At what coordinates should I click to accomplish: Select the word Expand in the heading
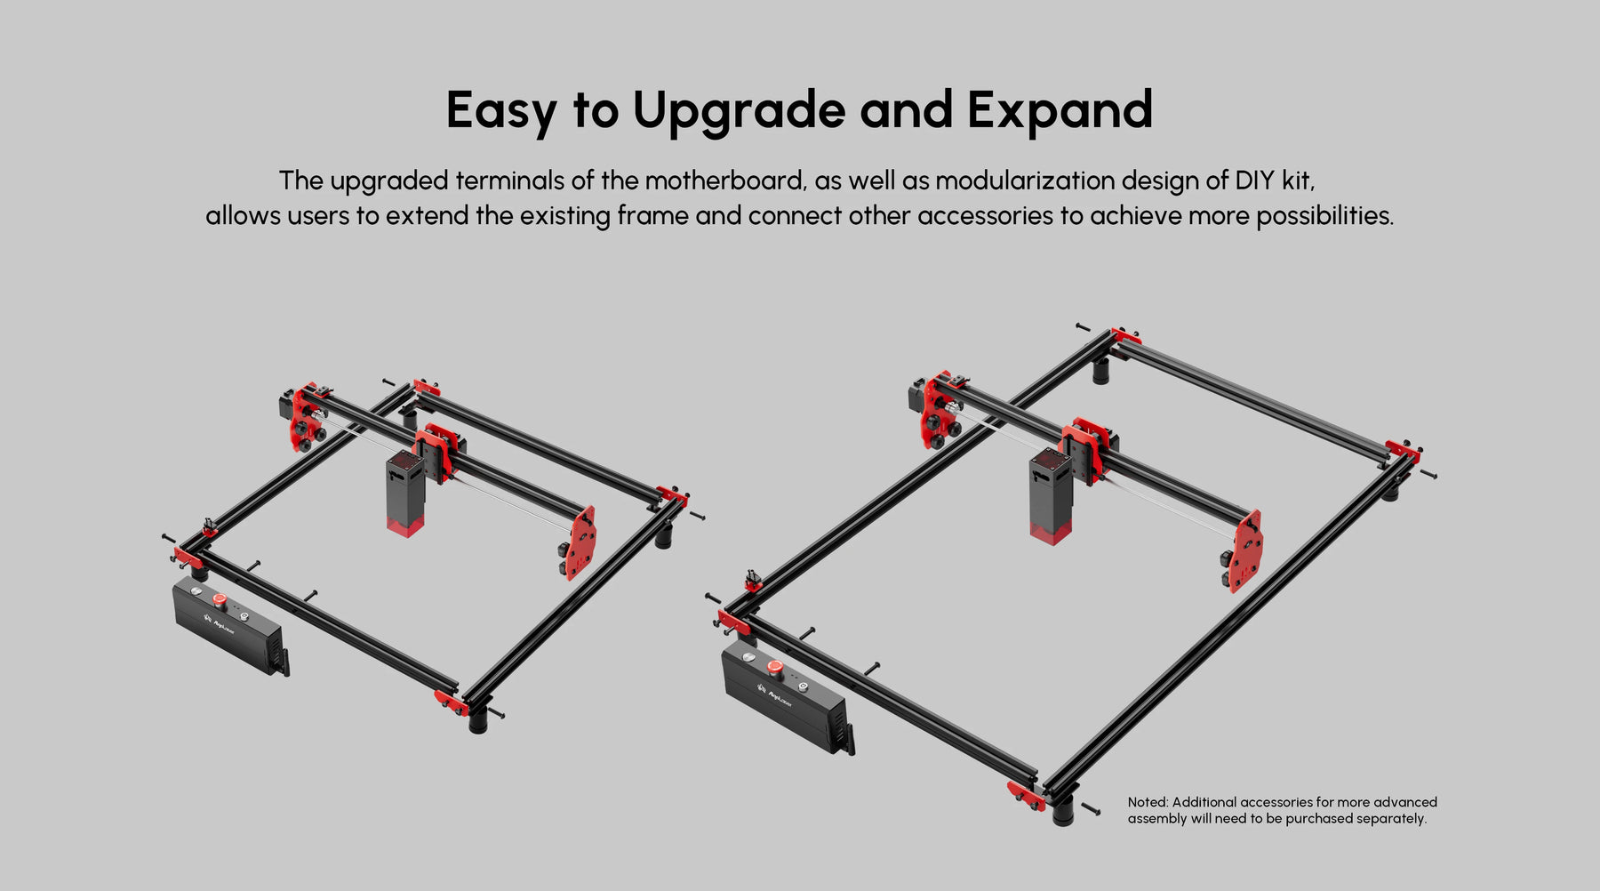pos(1060,110)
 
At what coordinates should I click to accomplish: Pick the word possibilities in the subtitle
pos(1324,216)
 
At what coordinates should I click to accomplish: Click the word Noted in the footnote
pos(1148,802)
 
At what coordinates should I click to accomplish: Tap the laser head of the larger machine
pos(1051,496)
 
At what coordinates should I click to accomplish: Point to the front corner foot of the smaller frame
pos(478,720)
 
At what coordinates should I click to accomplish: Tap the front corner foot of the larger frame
pos(1062,811)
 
